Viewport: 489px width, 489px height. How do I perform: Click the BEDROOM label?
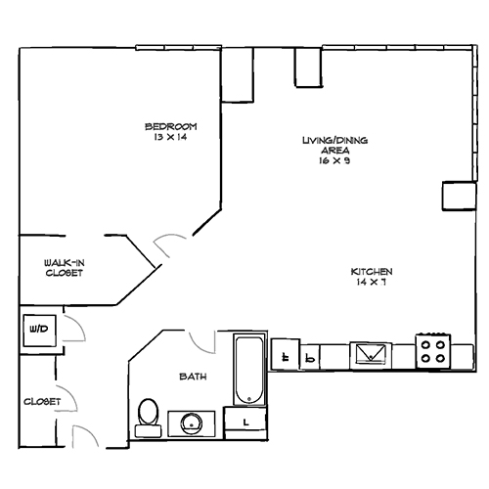tap(171, 126)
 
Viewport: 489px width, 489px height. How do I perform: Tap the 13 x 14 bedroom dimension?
tap(171, 137)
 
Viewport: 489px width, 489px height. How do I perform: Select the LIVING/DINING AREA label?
tap(333, 145)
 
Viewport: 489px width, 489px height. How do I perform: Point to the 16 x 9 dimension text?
tap(333, 161)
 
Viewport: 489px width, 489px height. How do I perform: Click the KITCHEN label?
tap(373, 271)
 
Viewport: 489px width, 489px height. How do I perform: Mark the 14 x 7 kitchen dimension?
tap(373, 282)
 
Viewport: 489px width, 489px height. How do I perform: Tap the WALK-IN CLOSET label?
tap(63, 268)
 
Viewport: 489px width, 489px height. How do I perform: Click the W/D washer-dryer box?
tap(42, 330)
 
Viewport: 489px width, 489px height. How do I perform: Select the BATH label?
tap(191, 377)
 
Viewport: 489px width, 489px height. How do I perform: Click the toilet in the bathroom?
tap(148, 415)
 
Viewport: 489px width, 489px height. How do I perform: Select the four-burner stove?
tap(433, 350)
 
